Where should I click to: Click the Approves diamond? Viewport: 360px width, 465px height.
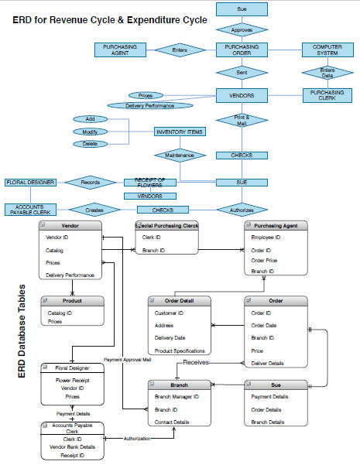point(242,29)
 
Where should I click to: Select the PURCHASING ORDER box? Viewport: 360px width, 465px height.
point(242,50)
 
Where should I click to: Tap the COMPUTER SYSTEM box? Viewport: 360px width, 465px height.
point(327,50)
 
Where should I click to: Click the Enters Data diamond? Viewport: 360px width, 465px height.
point(327,72)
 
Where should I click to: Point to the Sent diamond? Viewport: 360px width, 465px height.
point(242,73)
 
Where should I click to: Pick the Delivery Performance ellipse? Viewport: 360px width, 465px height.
point(149,105)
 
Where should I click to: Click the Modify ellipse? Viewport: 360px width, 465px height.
point(91,132)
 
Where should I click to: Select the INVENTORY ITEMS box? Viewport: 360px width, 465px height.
point(180,132)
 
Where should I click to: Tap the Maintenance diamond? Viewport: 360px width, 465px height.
point(180,156)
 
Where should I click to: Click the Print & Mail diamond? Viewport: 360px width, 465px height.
point(242,121)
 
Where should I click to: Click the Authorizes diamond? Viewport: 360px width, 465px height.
point(242,209)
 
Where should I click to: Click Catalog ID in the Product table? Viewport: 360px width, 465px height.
point(59,313)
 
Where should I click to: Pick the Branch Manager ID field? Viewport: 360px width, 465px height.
point(177,396)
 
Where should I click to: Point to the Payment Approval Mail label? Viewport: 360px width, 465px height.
point(127,360)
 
